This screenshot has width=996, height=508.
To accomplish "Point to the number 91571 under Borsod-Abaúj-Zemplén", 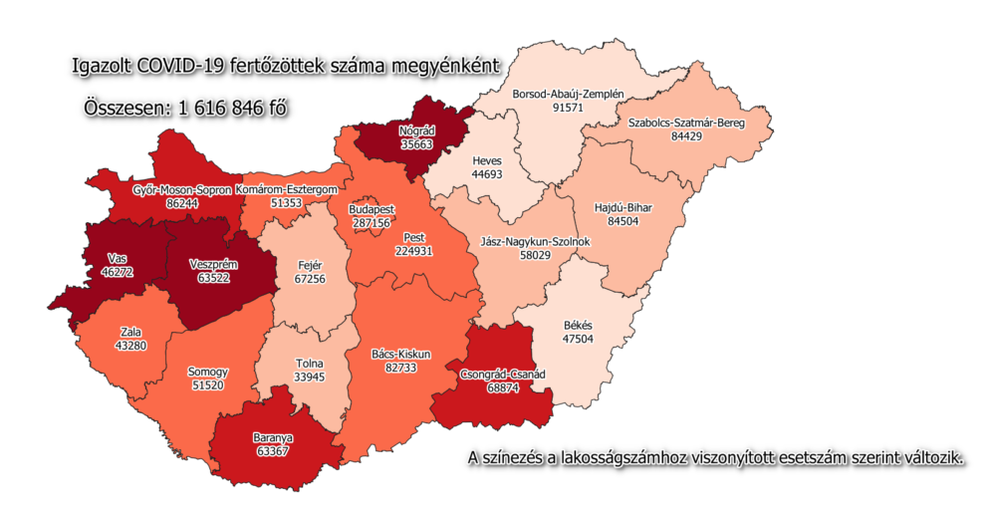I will tap(568, 108).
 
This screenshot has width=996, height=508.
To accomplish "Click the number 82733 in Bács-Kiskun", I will tap(402, 368).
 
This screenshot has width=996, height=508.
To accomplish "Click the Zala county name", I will tap(130, 331).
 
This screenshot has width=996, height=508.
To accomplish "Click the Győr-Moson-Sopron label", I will tap(181, 189).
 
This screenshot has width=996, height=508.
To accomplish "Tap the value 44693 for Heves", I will tap(487, 173).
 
